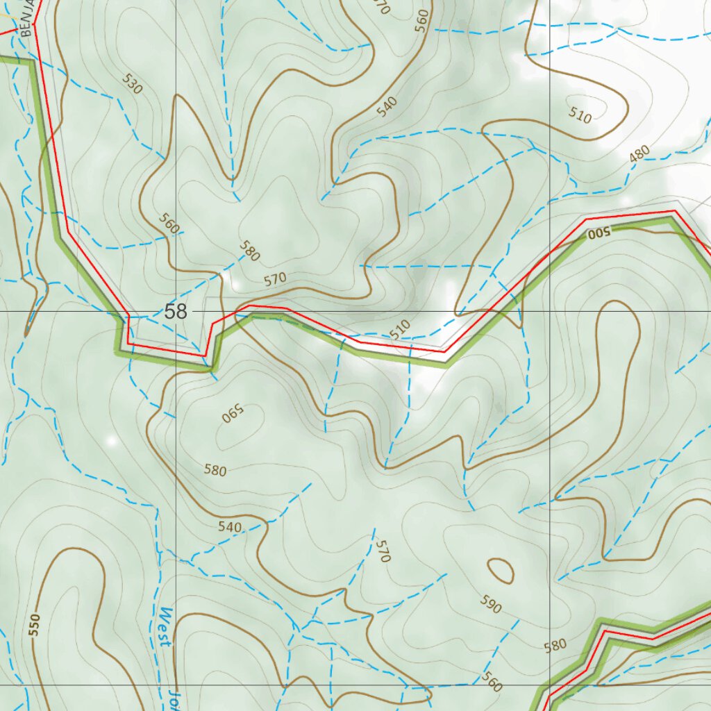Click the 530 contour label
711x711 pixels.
(x=132, y=83)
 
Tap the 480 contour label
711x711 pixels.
(x=639, y=155)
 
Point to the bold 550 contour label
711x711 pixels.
(x=35, y=624)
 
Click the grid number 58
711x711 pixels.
(x=176, y=312)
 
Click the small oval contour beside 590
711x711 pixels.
(x=501, y=571)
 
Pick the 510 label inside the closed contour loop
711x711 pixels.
(x=580, y=115)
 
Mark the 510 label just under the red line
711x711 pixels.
(x=399, y=330)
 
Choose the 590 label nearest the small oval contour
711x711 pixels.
(x=490, y=605)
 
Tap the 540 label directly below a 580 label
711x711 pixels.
(x=229, y=527)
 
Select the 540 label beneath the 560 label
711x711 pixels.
(x=387, y=106)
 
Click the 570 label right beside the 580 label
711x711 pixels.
(x=275, y=279)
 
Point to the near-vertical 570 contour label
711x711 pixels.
(x=383, y=551)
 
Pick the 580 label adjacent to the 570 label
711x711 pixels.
(x=249, y=251)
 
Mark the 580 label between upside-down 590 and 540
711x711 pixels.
(x=215, y=471)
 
